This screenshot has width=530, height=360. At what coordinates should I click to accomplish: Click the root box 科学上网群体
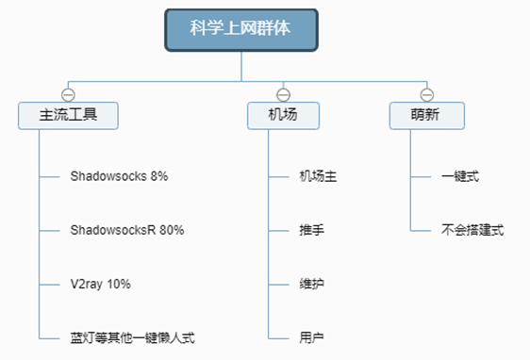pos(241,30)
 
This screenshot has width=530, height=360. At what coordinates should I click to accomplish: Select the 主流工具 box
pos(68,116)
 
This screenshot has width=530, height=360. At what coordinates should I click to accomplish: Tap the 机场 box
pos(283,116)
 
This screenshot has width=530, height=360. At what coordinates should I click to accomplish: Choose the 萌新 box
pos(427,116)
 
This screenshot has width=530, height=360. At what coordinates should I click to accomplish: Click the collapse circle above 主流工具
pos(68,95)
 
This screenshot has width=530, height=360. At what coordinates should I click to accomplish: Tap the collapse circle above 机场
pos(283,95)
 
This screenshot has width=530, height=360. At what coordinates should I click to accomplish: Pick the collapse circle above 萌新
pos(427,95)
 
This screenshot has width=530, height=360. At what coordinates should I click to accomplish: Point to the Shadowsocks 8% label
pos(119,176)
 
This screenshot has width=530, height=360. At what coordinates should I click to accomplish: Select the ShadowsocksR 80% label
pos(127,230)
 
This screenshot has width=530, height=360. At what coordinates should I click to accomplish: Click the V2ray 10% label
pos(100,285)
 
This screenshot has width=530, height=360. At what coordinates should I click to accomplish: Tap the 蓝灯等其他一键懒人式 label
pos(132,338)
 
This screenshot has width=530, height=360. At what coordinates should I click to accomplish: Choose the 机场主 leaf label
pos(318,176)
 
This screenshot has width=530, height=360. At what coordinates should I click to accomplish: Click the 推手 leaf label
pos(311,230)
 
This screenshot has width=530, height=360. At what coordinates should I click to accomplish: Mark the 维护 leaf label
pos(311,284)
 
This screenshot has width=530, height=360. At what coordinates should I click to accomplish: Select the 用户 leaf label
pos(311,338)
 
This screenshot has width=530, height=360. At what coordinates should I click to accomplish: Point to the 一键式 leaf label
pos(460,176)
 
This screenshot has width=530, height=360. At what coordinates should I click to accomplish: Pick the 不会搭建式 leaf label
pos(472,230)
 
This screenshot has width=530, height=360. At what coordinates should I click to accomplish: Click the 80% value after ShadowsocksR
pos(172,230)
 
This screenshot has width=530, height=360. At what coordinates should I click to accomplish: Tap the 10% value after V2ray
pos(119,284)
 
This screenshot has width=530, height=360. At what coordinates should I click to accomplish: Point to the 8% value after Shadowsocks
pos(159,176)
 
